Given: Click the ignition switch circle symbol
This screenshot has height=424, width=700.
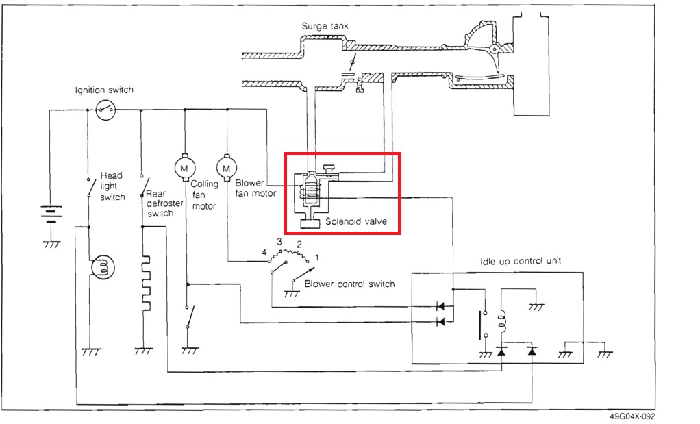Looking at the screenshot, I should (x=104, y=109).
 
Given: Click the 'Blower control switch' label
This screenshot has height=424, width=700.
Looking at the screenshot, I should (x=350, y=284).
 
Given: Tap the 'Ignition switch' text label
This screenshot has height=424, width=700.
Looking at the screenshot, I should (x=104, y=90).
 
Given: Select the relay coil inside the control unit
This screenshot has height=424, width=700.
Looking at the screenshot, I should (x=501, y=319).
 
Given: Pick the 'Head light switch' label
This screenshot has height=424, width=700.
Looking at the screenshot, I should (x=112, y=186).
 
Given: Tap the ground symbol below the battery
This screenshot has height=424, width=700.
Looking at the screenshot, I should (x=50, y=243).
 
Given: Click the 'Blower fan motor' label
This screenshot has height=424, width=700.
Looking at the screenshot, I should (x=255, y=188).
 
